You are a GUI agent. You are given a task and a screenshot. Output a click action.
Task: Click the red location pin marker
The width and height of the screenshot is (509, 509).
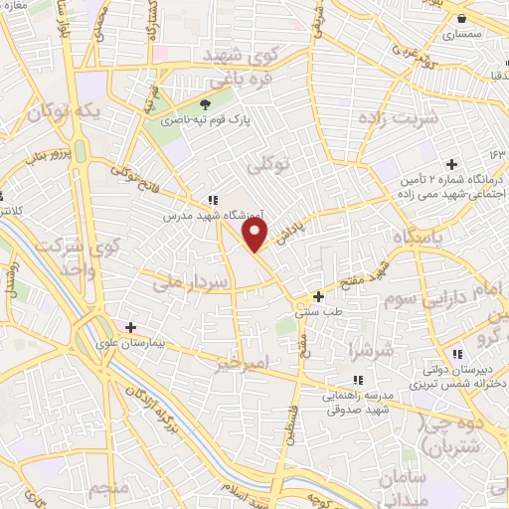pos(256,235)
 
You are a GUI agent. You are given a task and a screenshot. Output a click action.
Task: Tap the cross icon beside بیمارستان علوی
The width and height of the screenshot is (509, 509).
pos(130,326)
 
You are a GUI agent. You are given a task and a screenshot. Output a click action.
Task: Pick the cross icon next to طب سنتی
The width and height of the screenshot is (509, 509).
pos(318,295)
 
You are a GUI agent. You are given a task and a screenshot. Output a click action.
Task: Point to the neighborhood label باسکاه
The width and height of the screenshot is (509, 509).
pos(420,240)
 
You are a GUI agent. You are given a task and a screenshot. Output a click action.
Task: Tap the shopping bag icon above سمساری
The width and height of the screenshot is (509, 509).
pos(462,17)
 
